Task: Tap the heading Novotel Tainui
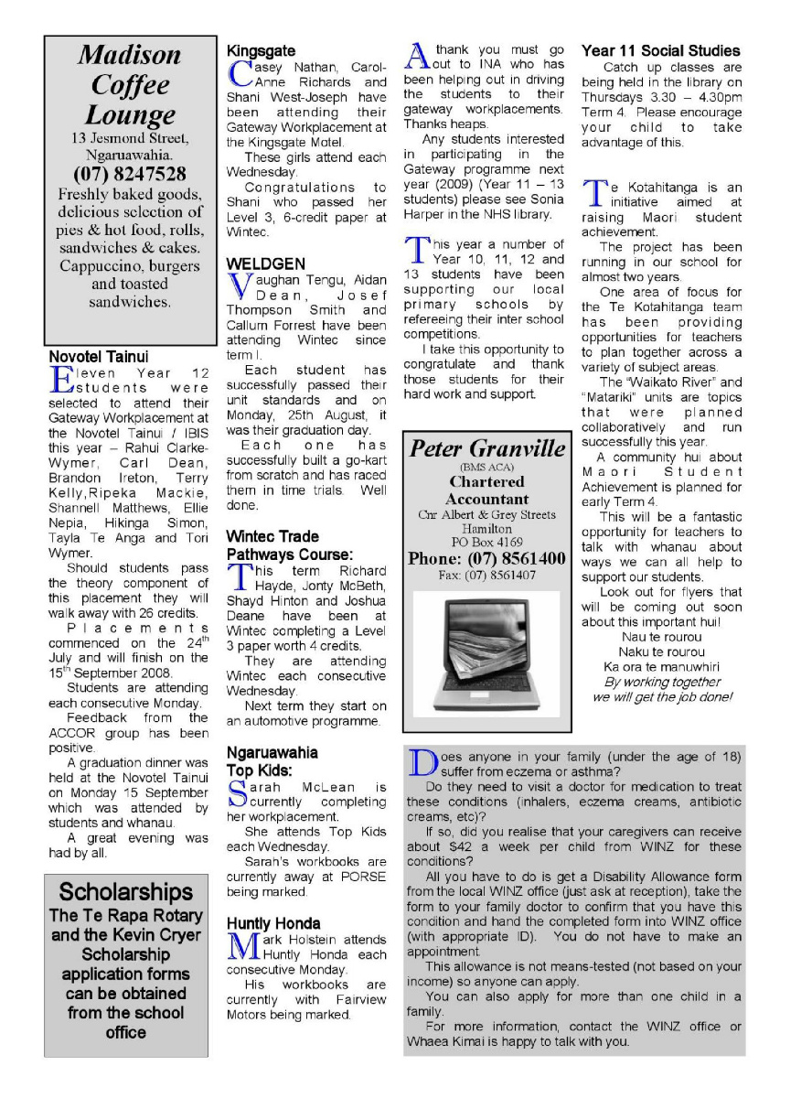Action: click(98, 355)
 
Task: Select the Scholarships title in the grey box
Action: click(126, 892)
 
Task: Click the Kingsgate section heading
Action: click(262, 51)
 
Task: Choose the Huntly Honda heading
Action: click(273, 923)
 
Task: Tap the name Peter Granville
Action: click(487, 449)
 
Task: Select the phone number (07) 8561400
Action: click(486, 558)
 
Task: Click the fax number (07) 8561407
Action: click(486, 576)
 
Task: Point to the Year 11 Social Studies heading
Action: click(661, 51)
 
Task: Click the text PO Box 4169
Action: click(487, 542)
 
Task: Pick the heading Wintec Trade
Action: click(272, 536)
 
